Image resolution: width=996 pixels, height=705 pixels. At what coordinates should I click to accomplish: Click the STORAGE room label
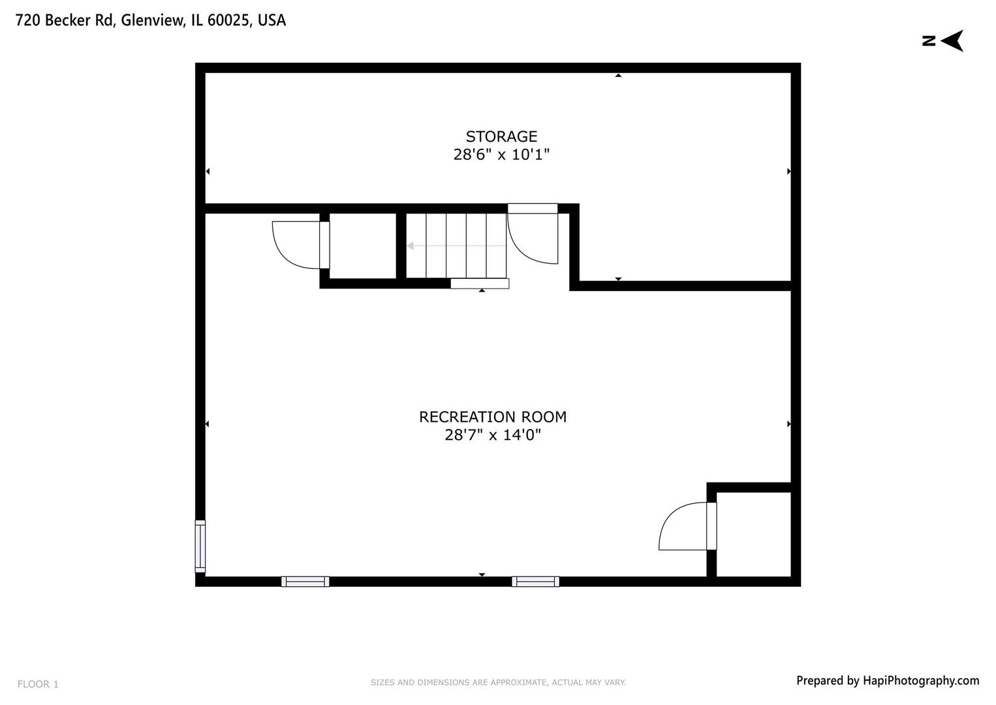501,136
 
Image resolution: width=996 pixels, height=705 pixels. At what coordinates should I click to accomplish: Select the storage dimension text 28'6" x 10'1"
501,155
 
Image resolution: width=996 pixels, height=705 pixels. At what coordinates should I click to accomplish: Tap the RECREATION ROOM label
493,416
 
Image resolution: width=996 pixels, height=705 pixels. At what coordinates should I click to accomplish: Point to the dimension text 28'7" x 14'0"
493,435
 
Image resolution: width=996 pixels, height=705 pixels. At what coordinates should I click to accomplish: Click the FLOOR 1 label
38,684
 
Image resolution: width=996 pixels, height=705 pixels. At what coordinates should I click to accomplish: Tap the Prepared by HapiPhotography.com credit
888,681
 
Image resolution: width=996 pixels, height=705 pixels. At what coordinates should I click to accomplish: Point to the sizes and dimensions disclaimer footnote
498,683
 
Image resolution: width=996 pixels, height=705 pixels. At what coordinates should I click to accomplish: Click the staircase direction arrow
412,246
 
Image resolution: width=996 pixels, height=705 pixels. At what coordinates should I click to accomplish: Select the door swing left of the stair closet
295,245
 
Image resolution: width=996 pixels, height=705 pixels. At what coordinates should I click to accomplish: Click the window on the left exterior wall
200,546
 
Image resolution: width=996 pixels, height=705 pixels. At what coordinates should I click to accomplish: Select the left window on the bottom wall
305,582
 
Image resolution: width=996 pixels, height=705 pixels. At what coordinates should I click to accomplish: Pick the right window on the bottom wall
535,582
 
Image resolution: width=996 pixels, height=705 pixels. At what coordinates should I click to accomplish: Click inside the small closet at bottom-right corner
754,534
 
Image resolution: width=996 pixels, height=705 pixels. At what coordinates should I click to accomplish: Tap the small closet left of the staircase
363,245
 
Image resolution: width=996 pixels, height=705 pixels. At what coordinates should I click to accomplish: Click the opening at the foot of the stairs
480,283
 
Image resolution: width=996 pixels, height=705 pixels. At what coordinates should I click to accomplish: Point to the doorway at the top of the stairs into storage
533,208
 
